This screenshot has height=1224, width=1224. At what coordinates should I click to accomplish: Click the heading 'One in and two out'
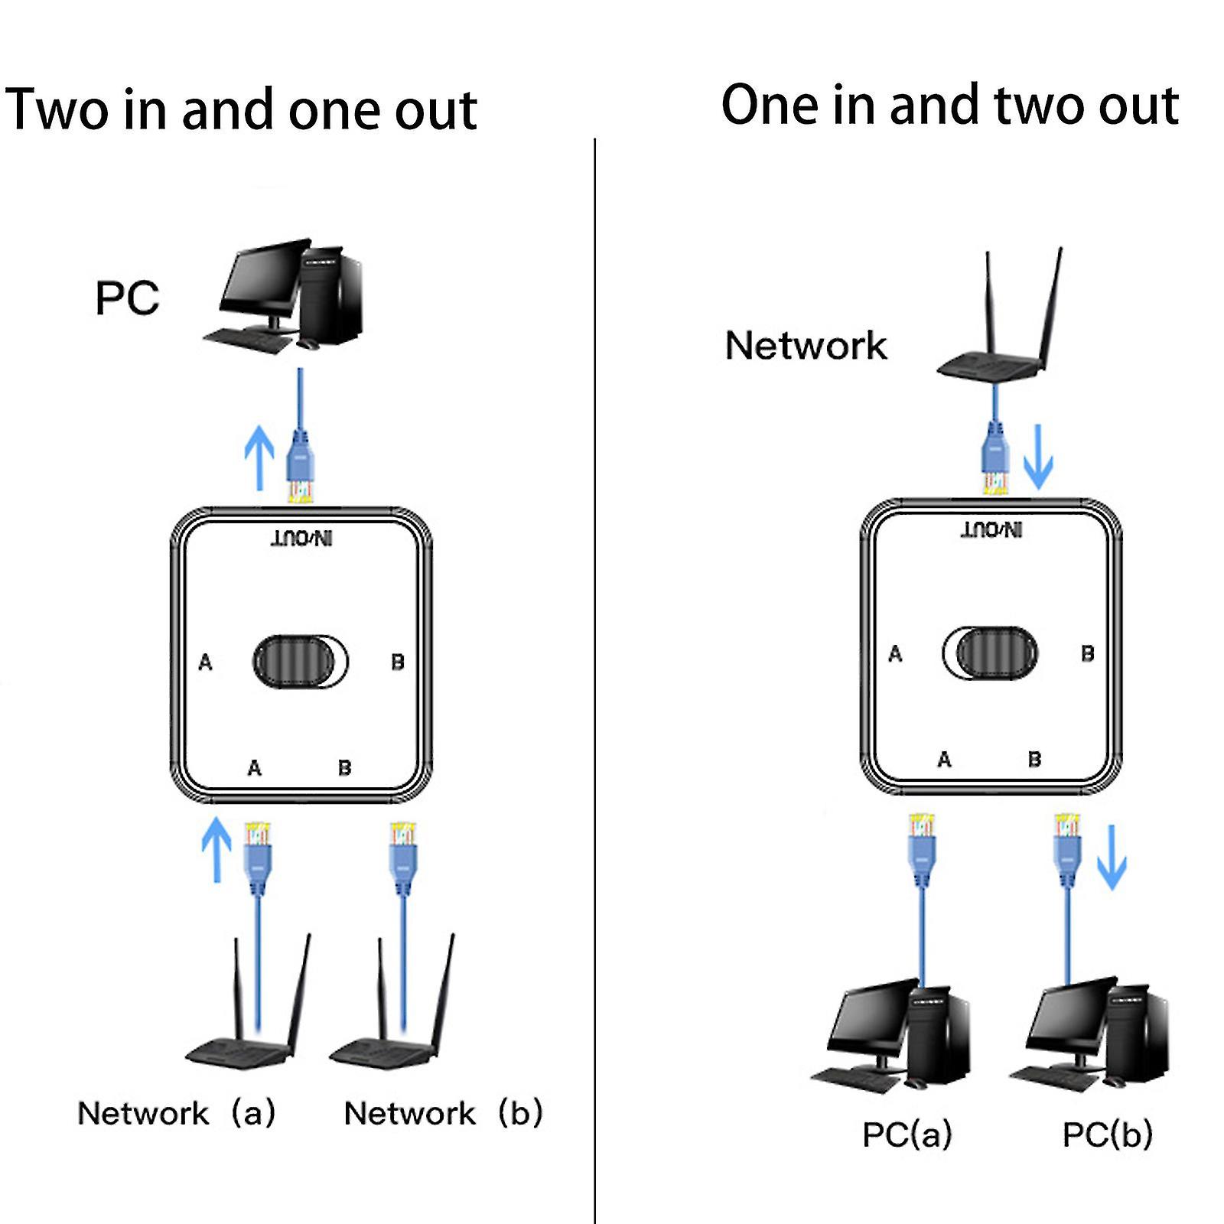pyautogui.click(x=949, y=106)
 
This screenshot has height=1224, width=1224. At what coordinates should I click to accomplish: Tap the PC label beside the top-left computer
pyautogui.click(x=127, y=298)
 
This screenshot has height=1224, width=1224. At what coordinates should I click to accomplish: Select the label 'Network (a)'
pyautogui.click(x=177, y=1113)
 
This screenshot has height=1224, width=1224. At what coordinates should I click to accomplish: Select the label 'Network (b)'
pyautogui.click(x=444, y=1113)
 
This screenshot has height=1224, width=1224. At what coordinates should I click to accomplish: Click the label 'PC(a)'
pyautogui.click(x=907, y=1134)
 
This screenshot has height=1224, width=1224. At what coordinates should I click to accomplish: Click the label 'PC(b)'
pyautogui.click(x=1107, y=1134)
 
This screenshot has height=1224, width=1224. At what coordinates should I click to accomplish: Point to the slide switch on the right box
pyautogui.click(x=991, y=653)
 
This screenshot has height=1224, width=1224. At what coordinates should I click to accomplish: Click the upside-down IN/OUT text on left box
pyautogui.click(x=303, y=539)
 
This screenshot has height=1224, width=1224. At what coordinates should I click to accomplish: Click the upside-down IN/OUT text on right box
pyautogui.click(x=991, y=529)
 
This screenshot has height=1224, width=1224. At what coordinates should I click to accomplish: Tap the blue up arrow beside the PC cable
pyautogui.click(x=259, y=457)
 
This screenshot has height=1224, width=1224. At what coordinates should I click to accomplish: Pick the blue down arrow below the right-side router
pyautogui.click(x=1038, y=457)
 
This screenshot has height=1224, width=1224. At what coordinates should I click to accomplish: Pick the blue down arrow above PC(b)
pyautogui.click(x=1112, y=857)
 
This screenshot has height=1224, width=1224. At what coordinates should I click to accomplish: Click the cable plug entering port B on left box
pyautogui.click(x=403, y=857)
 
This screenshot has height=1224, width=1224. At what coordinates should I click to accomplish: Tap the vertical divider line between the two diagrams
pyautogui.click(x=594, y=688)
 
